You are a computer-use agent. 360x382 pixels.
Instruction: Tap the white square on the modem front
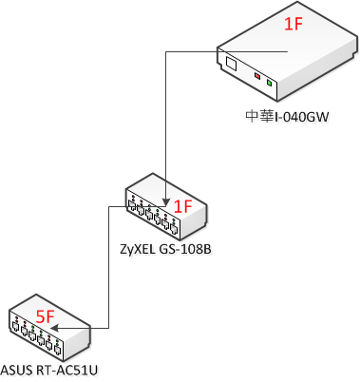tap(232, 64)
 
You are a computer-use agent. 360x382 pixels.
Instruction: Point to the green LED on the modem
tap(271, 84)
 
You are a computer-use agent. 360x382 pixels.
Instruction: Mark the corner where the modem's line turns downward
tap(166, 51)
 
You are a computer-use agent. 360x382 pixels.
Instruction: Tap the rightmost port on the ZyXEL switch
tap(177, 229)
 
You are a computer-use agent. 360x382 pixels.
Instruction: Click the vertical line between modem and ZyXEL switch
tap(166, 124)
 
